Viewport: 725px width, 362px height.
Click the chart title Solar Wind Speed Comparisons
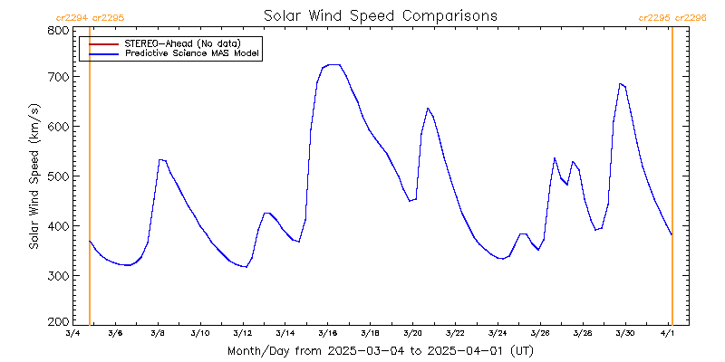point(380,16)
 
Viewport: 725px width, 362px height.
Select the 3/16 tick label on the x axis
point(327,335)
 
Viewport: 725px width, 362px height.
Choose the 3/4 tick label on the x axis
point(72,335)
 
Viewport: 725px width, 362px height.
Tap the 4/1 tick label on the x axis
point(668,335)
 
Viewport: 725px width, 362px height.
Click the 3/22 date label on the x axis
point(455,335)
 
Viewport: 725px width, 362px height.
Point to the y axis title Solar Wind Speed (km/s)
point(34,176)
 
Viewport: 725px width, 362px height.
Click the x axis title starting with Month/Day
point(380,350)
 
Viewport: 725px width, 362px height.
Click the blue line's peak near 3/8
point(160,160)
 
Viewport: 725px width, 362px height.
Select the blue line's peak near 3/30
point(621,84)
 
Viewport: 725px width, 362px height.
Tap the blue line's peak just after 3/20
point(427,109)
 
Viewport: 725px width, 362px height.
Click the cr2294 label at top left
point(72,17)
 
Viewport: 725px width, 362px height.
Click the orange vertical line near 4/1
point(672,181)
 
